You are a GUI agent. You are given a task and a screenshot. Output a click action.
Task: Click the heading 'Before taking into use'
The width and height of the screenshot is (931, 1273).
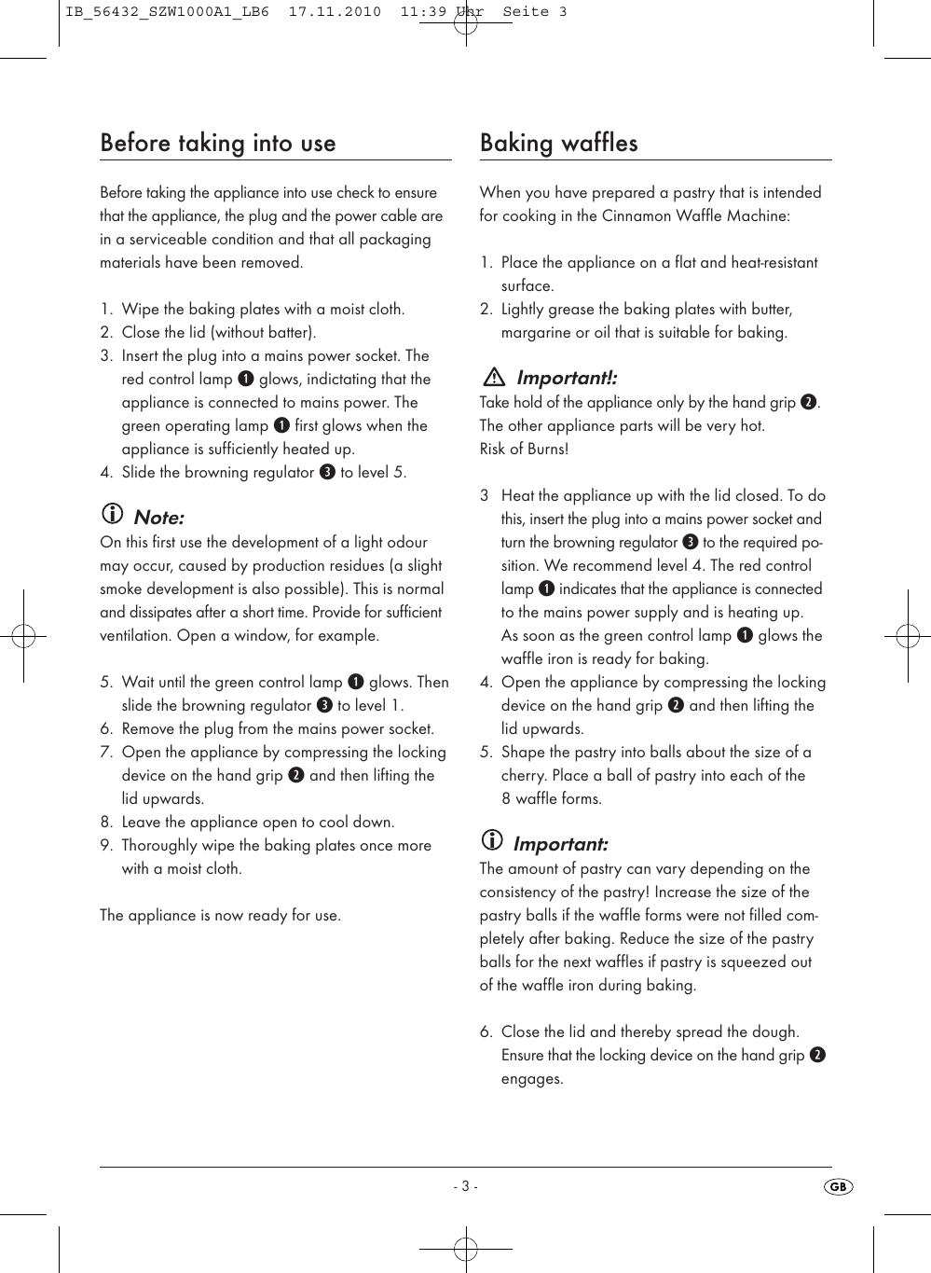(x=217, y=144)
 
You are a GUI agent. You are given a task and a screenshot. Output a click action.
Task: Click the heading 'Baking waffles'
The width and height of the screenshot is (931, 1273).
(x=558, y=144)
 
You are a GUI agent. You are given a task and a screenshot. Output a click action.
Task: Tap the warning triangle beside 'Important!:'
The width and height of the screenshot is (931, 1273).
(x=494, y=378)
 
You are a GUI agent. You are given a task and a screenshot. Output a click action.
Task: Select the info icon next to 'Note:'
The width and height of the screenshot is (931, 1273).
(x=112, y=514)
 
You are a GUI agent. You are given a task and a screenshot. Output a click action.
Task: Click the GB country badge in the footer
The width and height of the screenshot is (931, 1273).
(x=838, y=1186)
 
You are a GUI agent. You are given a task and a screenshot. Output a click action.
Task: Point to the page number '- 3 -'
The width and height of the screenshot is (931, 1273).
(x=465, y=1186)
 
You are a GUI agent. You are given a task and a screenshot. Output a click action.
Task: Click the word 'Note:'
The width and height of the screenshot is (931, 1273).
(x=159, y=518)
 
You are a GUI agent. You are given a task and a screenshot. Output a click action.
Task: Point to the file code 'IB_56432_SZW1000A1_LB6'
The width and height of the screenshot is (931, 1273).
(x=167, y=12)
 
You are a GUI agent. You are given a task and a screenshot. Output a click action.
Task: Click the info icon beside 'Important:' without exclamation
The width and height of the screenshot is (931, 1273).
(x=491, y=840)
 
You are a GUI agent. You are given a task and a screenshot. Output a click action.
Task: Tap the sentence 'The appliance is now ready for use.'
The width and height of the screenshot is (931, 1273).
(x=220, y=915)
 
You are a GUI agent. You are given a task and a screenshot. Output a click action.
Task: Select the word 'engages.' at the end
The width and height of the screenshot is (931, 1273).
(x=532, y=1078)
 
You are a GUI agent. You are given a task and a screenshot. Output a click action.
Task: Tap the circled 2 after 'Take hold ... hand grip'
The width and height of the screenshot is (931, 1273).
(x=809, y=402)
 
